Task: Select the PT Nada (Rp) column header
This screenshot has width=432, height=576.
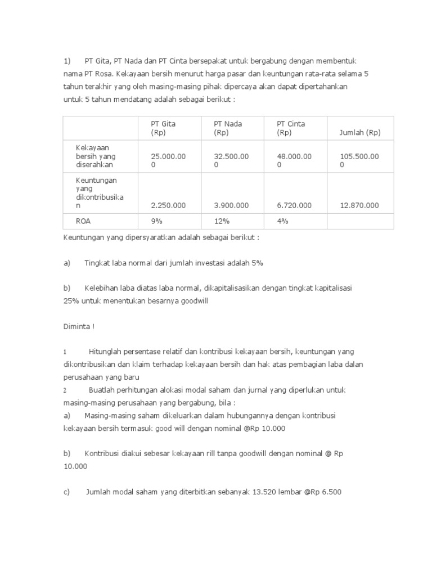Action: [228, 128]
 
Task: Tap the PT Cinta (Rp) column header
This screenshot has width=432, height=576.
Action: [291, 128]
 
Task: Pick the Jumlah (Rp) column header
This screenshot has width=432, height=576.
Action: [360, 133]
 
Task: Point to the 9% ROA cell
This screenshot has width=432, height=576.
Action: [156, 221]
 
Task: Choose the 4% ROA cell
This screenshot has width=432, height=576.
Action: [282, 221]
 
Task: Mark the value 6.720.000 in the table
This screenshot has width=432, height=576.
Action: [294, 205]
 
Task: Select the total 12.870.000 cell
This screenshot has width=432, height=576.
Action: [359, 205]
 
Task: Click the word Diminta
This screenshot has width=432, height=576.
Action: [77, 326]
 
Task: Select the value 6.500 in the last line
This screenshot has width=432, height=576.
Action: [330, 492]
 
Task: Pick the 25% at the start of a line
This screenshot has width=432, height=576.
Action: [71, 301]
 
